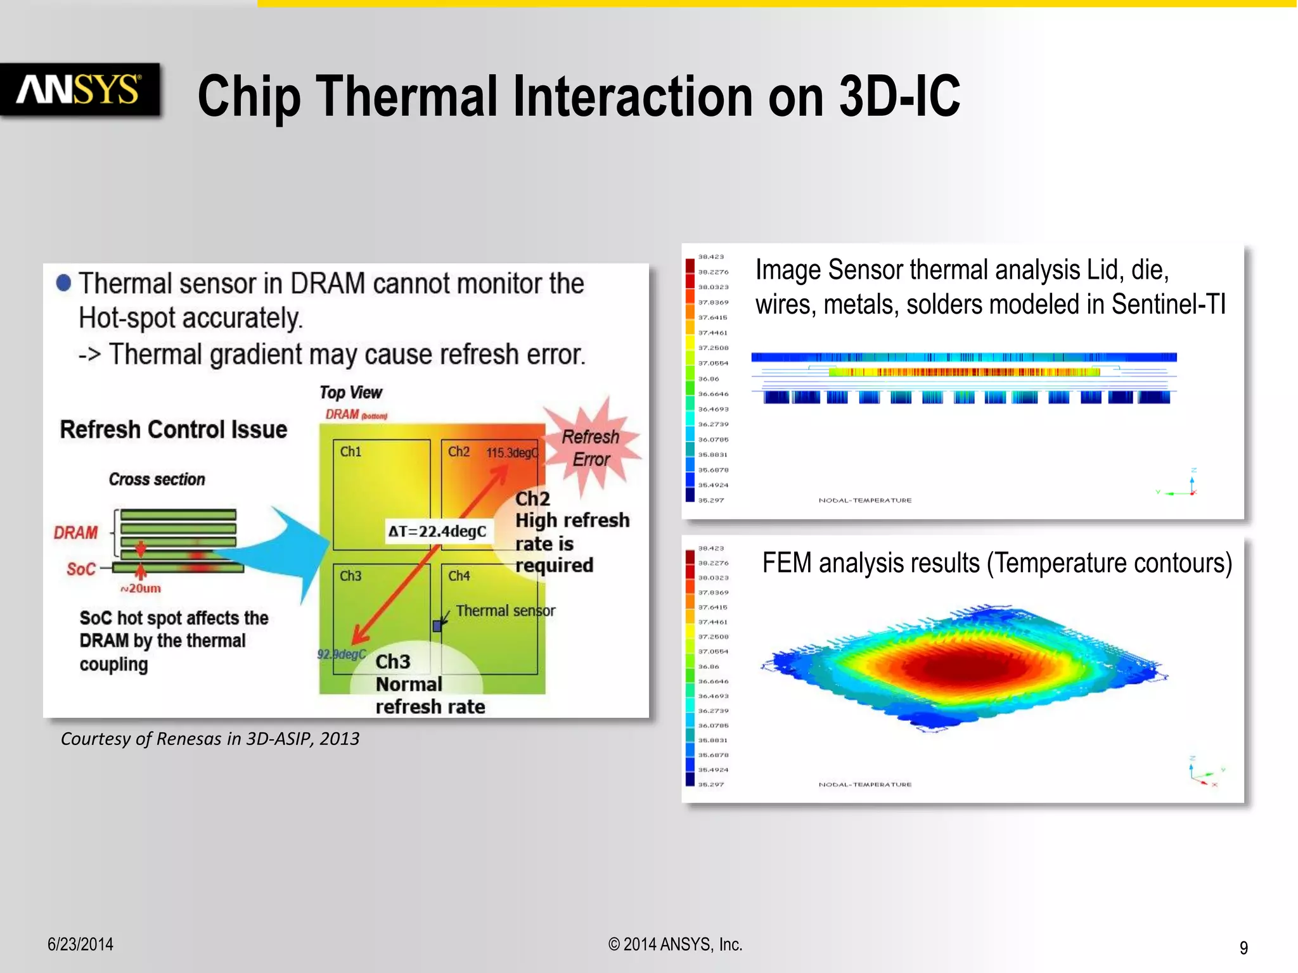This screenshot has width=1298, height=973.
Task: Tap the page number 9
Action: [x=1243, y=948]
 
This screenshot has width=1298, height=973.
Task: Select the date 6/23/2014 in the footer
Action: [x=80, y=944]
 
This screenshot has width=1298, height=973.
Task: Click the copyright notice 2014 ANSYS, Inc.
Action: [x=676, y=944]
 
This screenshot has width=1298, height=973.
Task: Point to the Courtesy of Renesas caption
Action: [x=210, y=739]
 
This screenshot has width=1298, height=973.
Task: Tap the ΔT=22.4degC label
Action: [x=437, y=531]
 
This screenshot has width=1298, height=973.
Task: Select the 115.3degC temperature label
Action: [x=511, y=453]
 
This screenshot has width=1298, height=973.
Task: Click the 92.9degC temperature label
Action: [x=342, y=654]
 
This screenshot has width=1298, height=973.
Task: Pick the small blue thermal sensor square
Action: [x=437, y=626]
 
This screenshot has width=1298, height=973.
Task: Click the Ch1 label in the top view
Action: [x=350, y=452]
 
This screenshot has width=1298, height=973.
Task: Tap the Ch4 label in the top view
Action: [x=459, y=576]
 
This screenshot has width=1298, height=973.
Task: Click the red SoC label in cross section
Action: [x=81, y=569]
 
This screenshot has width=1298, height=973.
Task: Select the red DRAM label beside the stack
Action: [x=75, y=533]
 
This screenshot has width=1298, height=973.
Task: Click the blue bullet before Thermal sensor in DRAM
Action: [x=63, y=283]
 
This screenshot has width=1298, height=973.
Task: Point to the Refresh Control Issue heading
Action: [x=173, y=429]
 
